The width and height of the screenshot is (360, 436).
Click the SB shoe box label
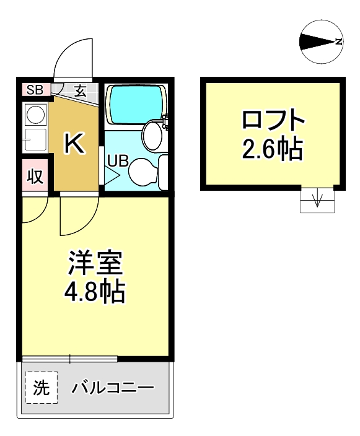(35, 90)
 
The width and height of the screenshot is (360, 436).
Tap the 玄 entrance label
(81, 90)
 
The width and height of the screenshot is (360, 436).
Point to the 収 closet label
(35, 177)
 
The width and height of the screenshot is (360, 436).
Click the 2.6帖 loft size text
(273, 149)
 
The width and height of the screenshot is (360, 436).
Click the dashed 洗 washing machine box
(41, 388)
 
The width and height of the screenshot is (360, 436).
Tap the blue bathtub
(137, 103)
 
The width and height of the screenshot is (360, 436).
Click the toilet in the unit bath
(144, 170)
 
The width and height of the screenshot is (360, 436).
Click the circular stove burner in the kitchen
(35, 115)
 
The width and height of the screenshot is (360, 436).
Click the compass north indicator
(322, 42)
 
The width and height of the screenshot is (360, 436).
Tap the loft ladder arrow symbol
(317, 200)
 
